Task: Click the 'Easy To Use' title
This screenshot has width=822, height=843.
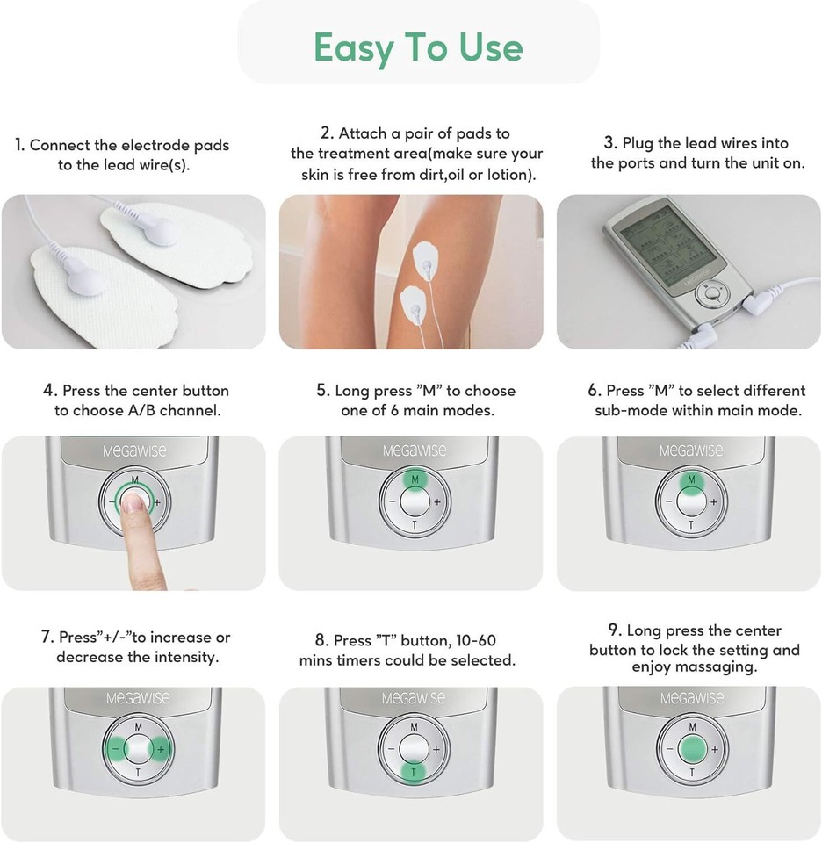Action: coord(418,47)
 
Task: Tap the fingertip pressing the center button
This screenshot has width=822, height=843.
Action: coord(133,504)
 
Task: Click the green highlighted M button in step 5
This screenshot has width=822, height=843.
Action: coord(414,479)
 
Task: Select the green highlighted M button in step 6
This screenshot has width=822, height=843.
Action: coord(691,480)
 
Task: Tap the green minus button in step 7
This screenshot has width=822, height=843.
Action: coord(115,748)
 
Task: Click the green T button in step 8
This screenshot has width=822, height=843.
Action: coord(414,772)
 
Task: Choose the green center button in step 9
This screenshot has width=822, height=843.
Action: coord(692,749)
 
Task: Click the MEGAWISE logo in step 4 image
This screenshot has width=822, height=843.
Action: coord(134,450)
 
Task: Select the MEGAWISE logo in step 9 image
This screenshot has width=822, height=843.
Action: coord(692,698)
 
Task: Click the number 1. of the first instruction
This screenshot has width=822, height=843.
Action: coord(20,145)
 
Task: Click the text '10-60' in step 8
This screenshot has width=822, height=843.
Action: coord(476,640)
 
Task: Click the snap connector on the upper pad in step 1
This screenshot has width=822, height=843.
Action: coord(160,229)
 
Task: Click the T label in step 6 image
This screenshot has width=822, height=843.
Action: coord(691,525)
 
